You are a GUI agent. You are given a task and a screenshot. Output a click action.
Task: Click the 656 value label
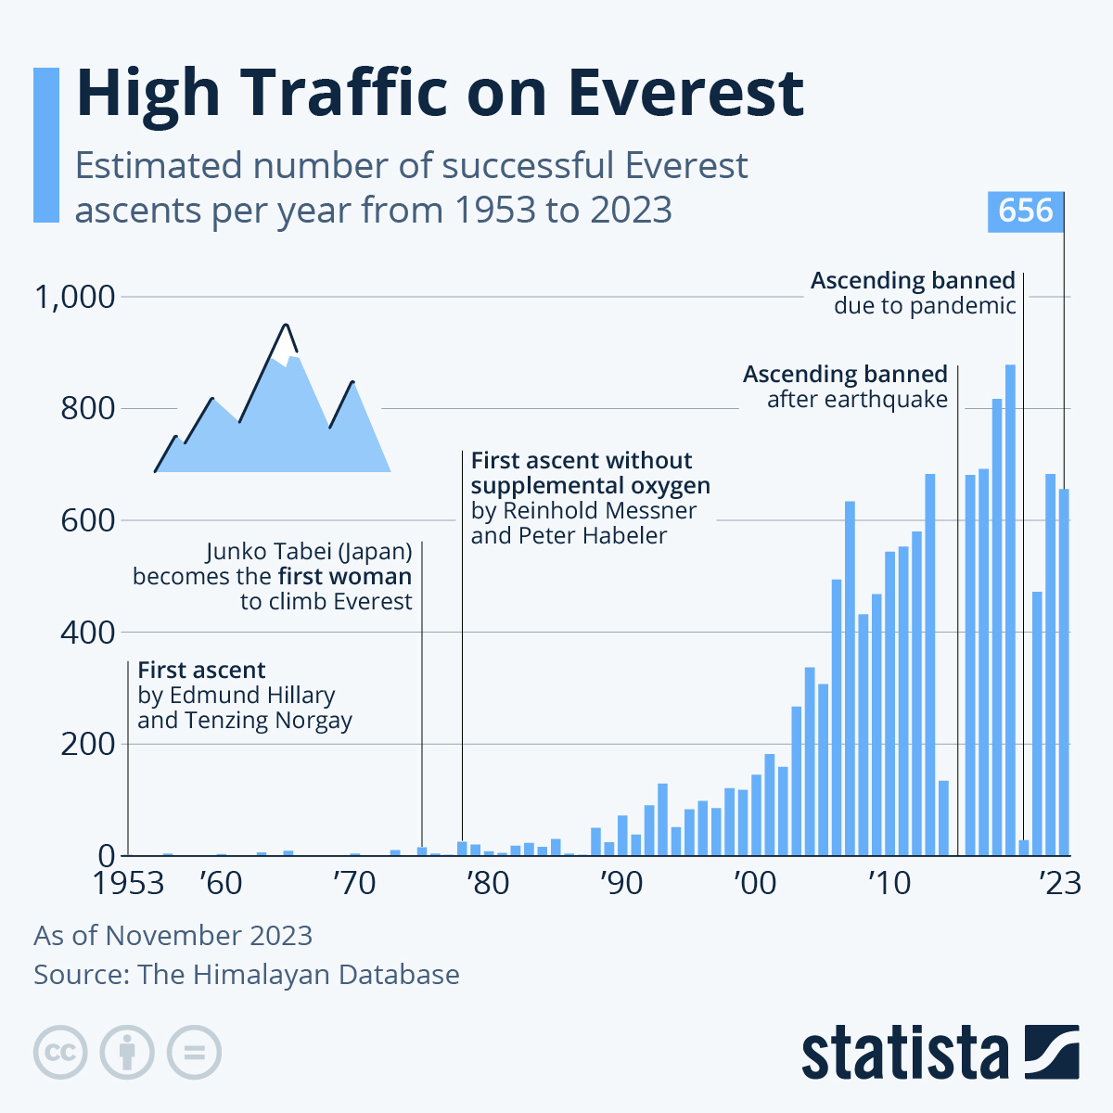pos(1026,211)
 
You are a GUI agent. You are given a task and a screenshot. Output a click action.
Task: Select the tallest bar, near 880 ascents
pos(1010,612)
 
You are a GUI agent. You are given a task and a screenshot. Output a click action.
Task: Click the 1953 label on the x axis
pos(128,884)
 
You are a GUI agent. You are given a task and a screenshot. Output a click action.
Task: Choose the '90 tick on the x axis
pos(620,884)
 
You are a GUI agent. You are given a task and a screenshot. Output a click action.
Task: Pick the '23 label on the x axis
pos(1059,884)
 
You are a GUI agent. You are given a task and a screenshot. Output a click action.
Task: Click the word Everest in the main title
pos(685,93)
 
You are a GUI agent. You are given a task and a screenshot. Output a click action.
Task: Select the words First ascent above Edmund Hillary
pos(201,671)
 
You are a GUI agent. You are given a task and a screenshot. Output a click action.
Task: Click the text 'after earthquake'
pos(857,400)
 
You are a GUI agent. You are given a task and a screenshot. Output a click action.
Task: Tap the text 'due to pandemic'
pos(925,306)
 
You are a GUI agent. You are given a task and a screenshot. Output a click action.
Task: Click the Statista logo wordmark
pos(904,1054)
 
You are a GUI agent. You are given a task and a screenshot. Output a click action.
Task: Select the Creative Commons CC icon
pos(60,1053)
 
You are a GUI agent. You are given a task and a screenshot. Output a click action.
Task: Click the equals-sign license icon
pos(194,1053)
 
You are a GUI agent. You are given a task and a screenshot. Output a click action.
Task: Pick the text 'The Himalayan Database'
pos(298,975)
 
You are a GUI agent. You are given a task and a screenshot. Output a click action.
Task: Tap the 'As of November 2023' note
pos(173,935)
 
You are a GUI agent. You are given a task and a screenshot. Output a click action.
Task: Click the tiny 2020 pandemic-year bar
pos(1024,848)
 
